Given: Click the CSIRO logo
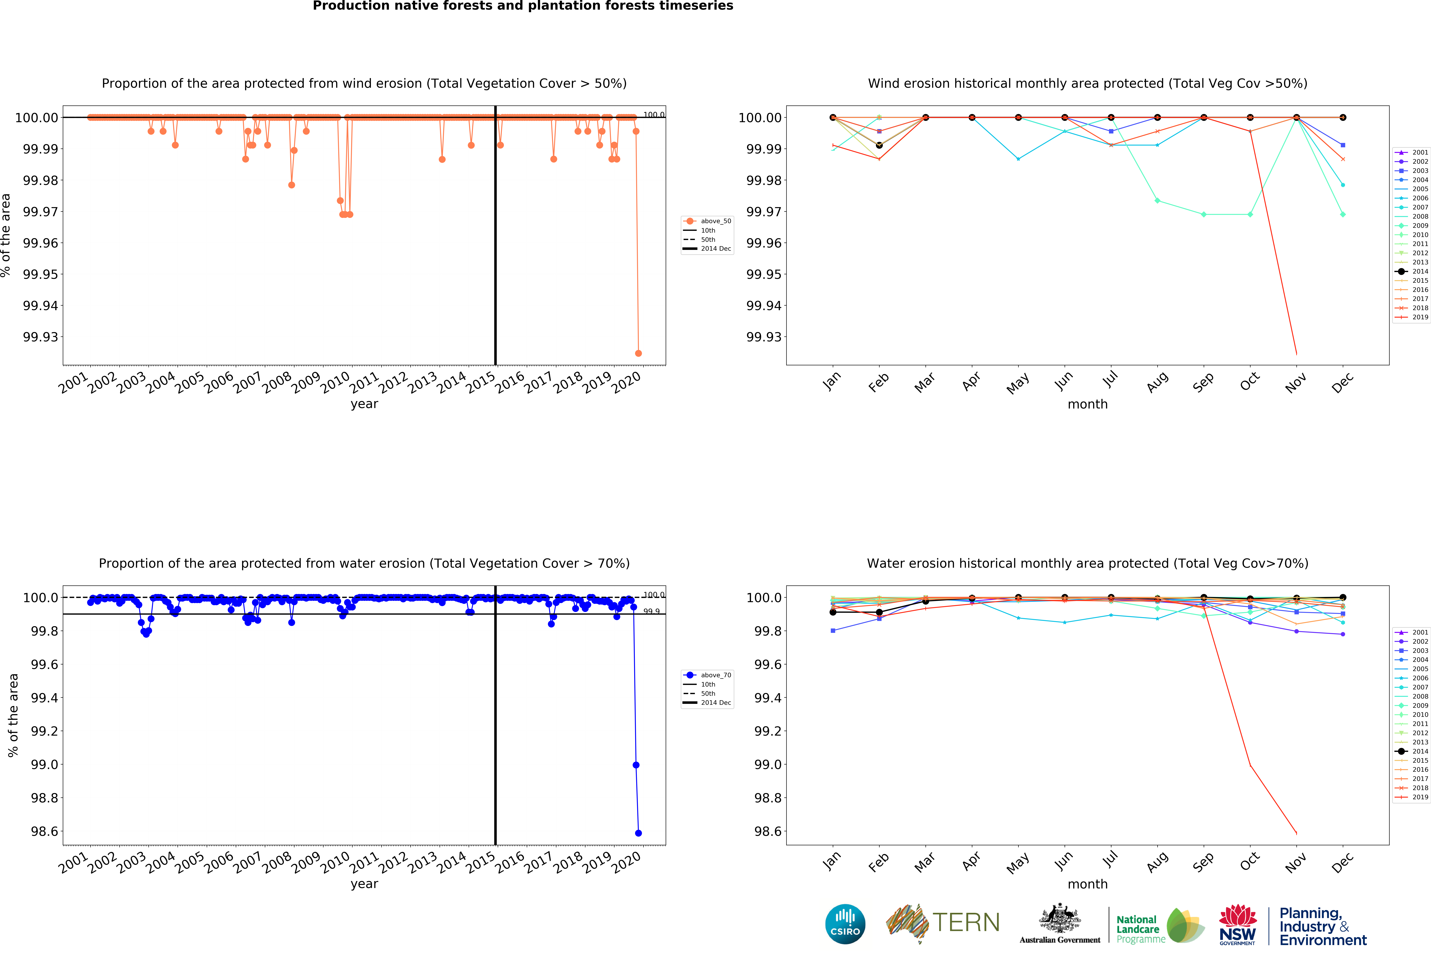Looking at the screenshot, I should [845, 924].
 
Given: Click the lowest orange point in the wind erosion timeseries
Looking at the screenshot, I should [638, 353].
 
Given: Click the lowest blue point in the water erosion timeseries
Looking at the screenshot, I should [638, 833].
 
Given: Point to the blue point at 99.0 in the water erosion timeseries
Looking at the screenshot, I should [636, 765].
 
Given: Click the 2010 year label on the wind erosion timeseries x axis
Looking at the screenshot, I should [335, 383].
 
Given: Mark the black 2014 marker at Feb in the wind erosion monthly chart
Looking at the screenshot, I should [879, 145].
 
